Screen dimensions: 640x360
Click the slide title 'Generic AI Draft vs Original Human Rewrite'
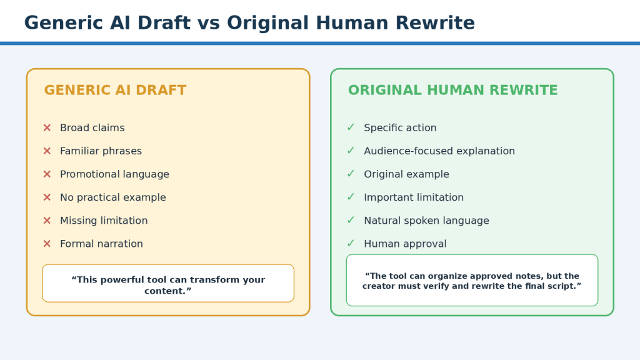click(249, 23)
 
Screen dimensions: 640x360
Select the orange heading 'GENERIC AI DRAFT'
click(115, 90)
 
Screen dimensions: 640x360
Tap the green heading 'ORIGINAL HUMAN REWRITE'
click(452, 90)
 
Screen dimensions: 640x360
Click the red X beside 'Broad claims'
click(47, 127)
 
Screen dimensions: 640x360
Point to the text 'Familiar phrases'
click(101, 151)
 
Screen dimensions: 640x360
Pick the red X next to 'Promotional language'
click(47, 174)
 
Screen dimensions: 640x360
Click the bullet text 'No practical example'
click(113, 197)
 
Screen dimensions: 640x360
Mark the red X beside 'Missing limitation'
click(47, 221)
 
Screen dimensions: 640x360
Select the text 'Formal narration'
click(101, 244)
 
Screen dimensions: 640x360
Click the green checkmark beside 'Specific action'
click(351, 127)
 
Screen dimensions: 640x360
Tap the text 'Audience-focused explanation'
click(439, 151)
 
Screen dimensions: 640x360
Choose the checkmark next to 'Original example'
click(351, 174)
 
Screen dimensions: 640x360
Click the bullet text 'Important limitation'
click(414, 197)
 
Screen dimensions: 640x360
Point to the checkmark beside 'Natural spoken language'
click(351, 221)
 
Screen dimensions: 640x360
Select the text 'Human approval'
click(405, 244)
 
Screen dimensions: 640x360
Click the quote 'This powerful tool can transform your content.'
click(168, 285)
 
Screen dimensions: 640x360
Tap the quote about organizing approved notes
click(472, 281)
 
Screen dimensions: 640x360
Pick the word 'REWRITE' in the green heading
click(524, 90)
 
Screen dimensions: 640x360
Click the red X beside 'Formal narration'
click(47, 244)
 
